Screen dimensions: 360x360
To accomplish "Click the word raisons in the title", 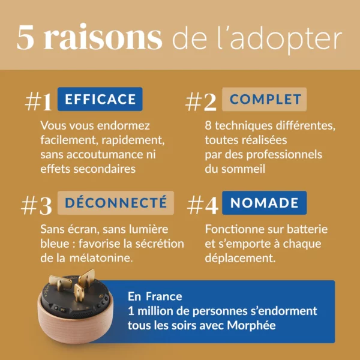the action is pos(103,37).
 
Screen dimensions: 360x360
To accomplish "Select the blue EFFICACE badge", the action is pos(100,99).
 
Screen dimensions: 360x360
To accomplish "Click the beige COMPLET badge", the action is pos(264,99).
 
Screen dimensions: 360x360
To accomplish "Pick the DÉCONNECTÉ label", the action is pos(116,203).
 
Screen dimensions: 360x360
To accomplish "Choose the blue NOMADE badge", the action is pos(264,203).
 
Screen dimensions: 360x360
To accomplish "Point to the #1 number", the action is pos(38,101).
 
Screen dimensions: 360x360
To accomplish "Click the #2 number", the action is pos(201,102).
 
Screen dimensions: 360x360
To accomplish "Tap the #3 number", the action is pos(36,205).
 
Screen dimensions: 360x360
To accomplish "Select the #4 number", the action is pos(203,205).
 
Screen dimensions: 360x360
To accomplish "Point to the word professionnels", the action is pos(284,155).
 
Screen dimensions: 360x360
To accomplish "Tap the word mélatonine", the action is pos(101,258).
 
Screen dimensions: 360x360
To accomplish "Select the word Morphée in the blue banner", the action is pos(251,325).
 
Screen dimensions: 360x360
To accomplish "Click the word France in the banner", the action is pos(164,296).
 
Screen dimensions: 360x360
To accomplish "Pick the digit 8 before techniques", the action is pos(208,126).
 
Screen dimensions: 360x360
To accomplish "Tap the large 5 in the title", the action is pos(25,37).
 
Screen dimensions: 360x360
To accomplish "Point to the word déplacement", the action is pos(240,258).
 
